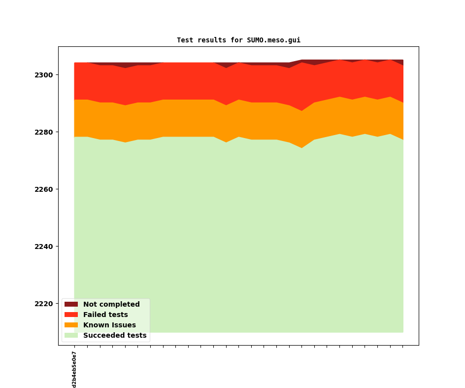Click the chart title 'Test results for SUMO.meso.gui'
(x=238, y=40)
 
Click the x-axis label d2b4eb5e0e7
(x=74, y=369)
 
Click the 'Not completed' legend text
(x=111, y=305)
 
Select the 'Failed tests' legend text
(x=105, y=315)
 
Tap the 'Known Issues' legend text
(x=109, y=325)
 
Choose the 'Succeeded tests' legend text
(x=115, y=336)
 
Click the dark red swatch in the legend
(x=71, y=305)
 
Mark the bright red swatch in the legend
(x=71, y=315)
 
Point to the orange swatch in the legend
(x=71, y=325)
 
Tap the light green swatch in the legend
(x=71, y=336)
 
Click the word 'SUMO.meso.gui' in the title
(x=273, y=40)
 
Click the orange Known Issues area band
(x=197, y=118)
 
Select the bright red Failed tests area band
(x=197, y=81)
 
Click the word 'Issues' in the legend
(x=123, y=325)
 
